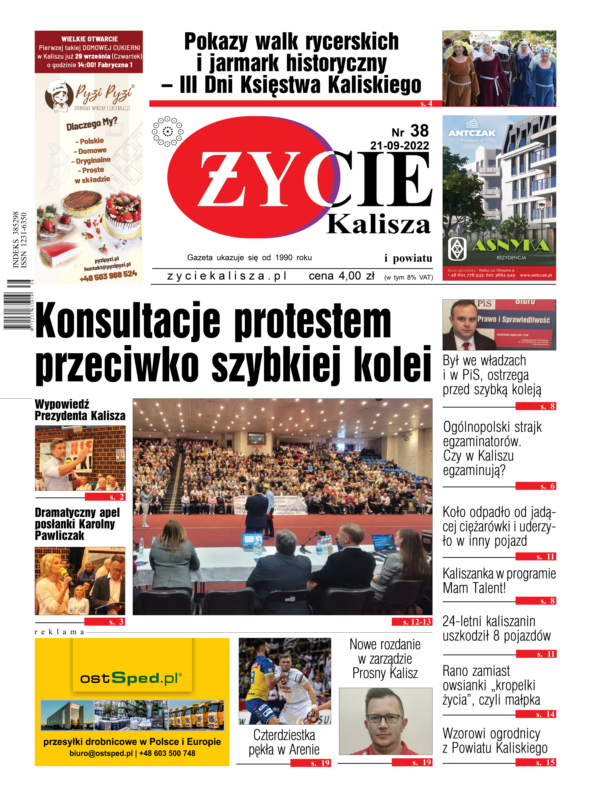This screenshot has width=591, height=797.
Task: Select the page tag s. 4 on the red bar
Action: click(426, 104)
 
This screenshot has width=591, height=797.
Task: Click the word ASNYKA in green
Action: click(511, 245)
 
